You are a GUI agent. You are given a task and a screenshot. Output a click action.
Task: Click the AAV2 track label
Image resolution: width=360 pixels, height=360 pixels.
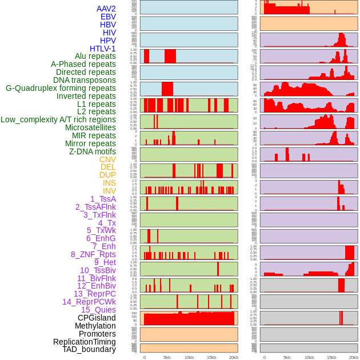(x=106, y=9)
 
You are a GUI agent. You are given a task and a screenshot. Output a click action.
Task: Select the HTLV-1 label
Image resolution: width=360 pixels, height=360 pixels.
(x=102, y=49)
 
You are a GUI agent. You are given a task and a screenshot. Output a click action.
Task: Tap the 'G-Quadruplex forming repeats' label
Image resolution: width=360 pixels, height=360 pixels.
(x=61, y=88)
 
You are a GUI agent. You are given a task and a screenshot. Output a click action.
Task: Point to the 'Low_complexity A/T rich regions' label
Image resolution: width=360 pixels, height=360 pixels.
(x=58, y=119)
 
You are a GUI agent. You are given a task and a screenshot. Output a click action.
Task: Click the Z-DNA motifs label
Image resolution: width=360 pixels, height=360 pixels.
(x=92, y=151)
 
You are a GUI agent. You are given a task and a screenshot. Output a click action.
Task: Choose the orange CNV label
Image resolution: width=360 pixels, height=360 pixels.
(x=107, y=159)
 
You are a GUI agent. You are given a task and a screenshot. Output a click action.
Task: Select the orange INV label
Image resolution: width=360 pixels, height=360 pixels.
(x=109, y=191)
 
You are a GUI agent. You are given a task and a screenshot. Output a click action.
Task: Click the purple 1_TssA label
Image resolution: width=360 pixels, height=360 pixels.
(x=103, y=199)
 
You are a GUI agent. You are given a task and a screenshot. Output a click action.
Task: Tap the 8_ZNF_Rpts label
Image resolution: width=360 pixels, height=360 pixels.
(x=93, y=254)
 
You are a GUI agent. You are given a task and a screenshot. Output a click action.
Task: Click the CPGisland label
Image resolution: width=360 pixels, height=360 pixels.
(x=97, y=318)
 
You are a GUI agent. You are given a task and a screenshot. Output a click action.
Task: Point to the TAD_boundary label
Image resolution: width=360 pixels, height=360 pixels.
(x=89, y=349)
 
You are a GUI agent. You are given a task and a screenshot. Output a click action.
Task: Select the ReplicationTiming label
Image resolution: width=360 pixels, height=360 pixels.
(x=84, y=342)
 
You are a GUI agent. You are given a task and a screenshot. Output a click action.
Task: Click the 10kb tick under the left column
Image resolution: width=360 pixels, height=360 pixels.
(x=189, y=357)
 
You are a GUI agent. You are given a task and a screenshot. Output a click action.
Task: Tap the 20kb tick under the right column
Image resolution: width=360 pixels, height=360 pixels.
(x=353, y=357)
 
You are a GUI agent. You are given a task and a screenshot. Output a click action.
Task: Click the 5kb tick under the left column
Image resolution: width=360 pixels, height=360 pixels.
(x=166, y=357)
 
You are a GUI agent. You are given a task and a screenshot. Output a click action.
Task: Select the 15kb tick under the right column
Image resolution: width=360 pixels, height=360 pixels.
(x=331, y=357)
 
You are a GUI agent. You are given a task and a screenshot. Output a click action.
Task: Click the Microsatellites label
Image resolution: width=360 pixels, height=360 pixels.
(x=90, y=127)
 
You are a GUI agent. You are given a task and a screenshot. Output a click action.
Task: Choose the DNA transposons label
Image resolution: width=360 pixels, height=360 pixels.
(x=85, y=80)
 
